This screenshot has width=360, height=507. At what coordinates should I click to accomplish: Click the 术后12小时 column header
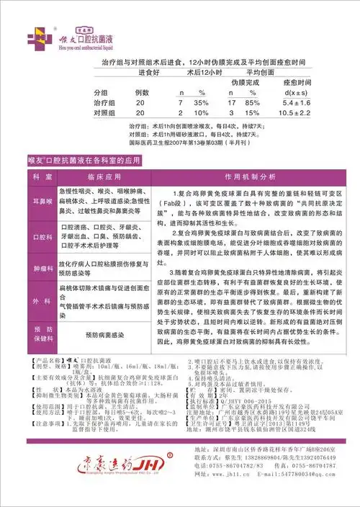coord(198,74)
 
